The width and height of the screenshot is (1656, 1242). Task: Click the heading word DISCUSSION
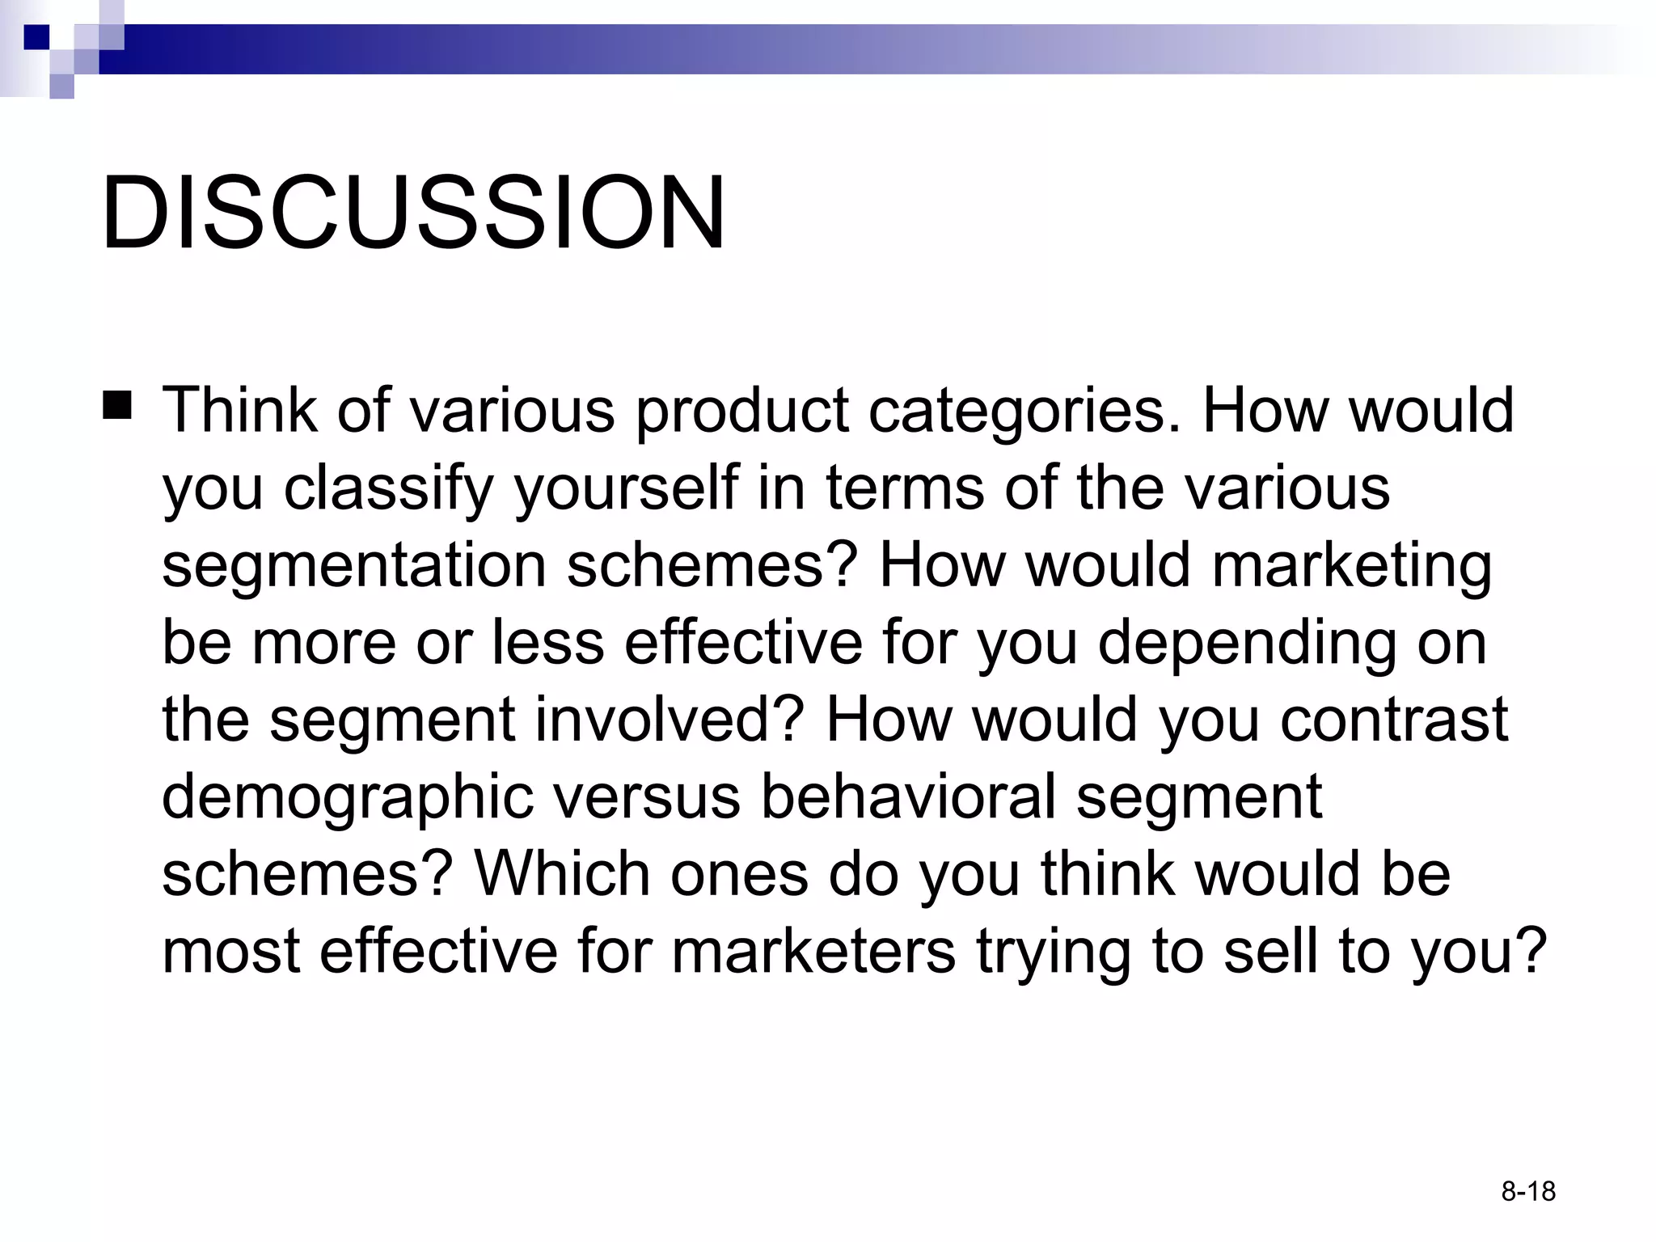pos(413,213)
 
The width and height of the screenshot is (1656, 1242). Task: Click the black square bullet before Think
pos(117,404)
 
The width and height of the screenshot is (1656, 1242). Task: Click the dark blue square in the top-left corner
pos(36,37)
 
